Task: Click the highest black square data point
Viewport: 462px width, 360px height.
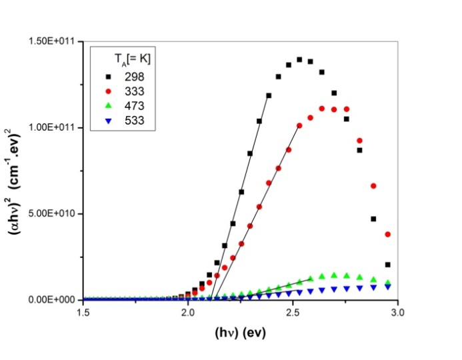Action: click(x=299, y=59)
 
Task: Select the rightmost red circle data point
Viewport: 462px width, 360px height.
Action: click(x=388, y=235)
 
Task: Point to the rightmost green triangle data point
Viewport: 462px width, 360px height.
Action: click(x=388, y=283)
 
